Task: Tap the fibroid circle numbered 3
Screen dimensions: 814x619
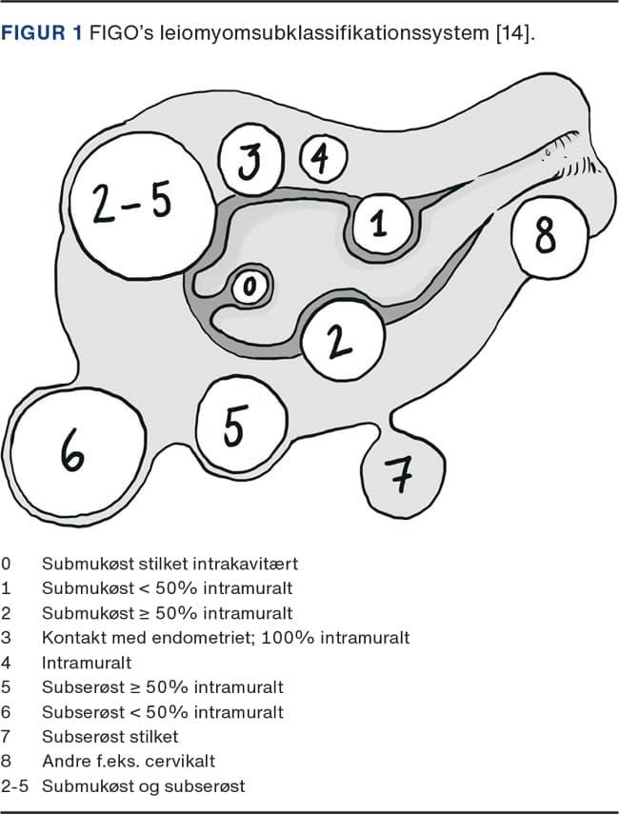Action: (248, 163)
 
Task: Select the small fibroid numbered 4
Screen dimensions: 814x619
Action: (324, 158)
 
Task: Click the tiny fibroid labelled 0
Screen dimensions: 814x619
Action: (251, 286)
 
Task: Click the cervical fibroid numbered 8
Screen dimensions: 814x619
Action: (547, 236)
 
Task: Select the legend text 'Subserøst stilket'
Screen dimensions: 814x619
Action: (110, 736)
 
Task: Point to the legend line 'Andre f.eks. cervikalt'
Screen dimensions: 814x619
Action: (129, 761)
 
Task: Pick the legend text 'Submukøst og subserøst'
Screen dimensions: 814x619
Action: (143, 785)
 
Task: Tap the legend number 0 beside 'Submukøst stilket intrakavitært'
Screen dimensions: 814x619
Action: (7, 563)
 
